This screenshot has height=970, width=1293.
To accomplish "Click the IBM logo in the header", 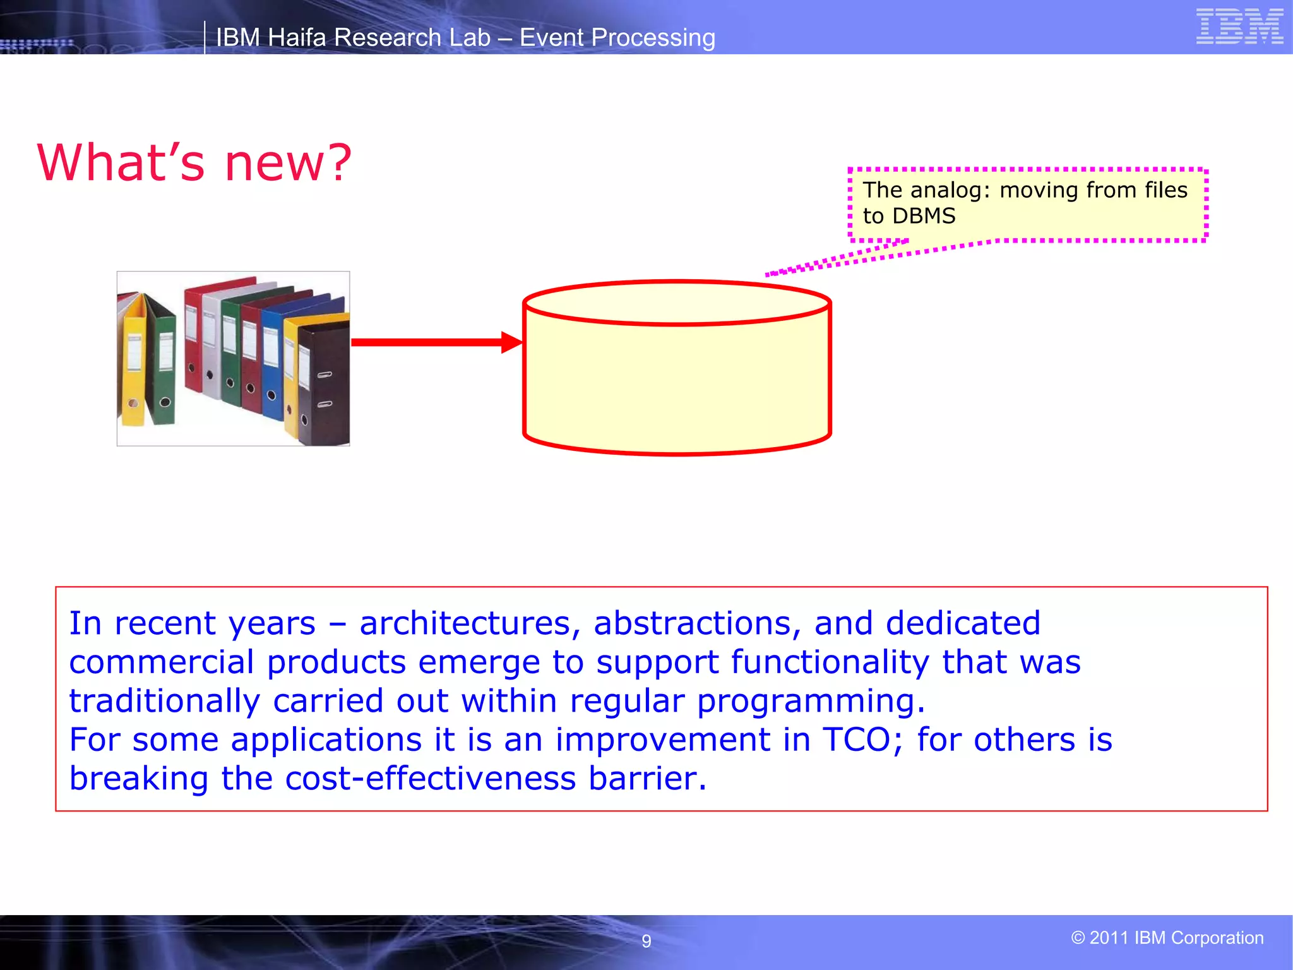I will (1239, 27).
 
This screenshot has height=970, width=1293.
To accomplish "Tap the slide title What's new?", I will (194, 162).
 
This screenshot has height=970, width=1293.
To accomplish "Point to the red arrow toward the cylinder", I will (436, 342).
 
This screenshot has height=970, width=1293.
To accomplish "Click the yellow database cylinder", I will (676, 379).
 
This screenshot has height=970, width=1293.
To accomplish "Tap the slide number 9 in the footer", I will (646, 941).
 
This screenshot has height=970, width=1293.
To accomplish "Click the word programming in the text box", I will (811, 701).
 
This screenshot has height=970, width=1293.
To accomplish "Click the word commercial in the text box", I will (161, 662).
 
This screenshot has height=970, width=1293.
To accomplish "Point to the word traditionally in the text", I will (164, 701).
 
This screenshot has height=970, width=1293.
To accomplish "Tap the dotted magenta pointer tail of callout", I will (833, 260).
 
